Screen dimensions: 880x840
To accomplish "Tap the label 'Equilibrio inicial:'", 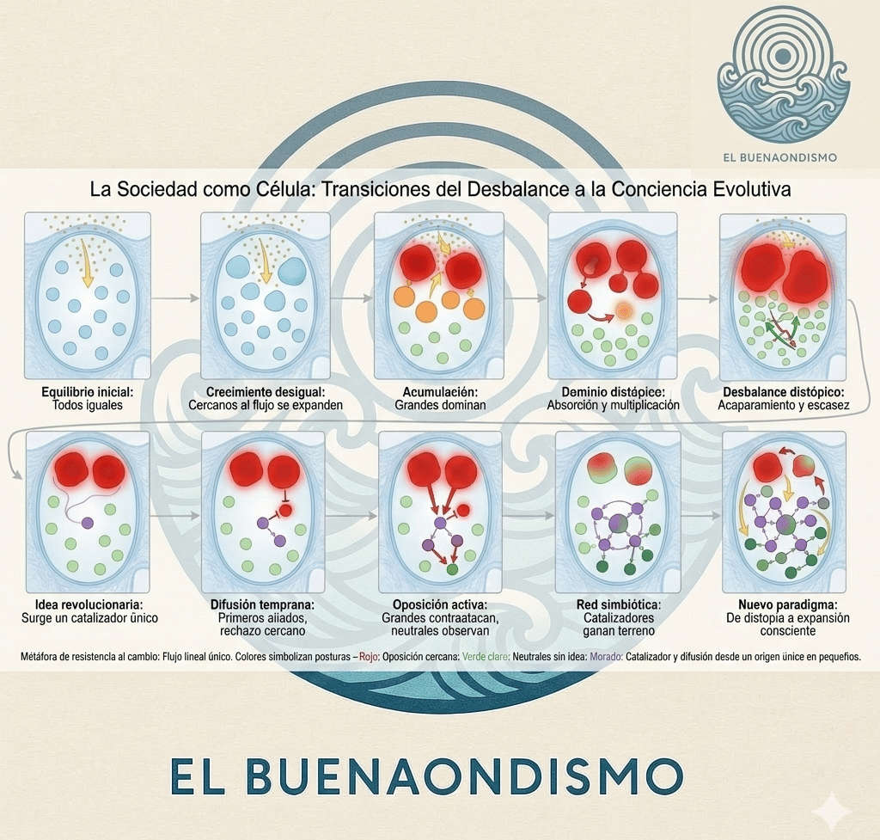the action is (88, 392).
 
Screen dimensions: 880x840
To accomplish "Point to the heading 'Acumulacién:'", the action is (435, 392).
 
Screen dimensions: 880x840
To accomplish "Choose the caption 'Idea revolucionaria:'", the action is (89, 605).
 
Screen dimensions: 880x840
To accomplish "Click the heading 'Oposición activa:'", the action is (435, 605).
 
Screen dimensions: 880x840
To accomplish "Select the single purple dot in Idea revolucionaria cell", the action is (87, 522).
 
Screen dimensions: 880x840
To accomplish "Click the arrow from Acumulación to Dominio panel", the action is (525, 297).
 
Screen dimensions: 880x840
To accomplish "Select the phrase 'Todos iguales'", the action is (88, 405).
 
